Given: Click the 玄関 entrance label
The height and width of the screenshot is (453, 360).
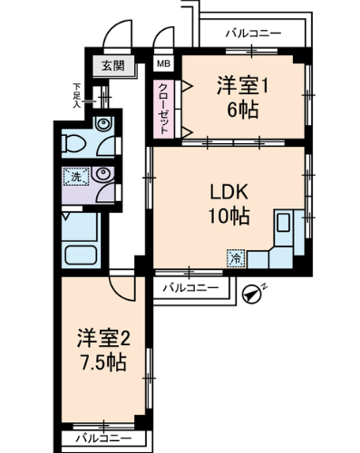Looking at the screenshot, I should pos(112,65).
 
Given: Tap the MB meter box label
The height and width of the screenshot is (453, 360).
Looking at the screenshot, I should pos(163,64).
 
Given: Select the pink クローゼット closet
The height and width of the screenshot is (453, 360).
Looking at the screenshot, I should pos(163,106).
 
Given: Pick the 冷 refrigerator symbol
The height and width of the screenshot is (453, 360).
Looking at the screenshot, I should pos(235,258).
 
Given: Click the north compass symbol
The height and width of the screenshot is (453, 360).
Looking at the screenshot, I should pos(251,292).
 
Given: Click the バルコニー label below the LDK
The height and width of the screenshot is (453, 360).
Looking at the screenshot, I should pos(190,288).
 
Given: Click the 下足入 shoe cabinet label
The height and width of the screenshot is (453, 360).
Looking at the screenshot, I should pos(79,94).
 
